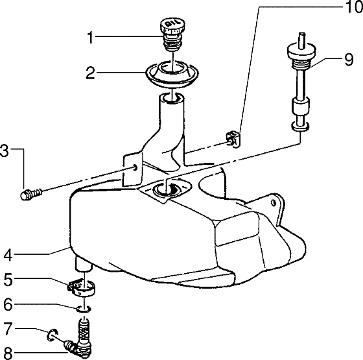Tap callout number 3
(x=5, y=153)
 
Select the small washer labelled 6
(x=84, y=307)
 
